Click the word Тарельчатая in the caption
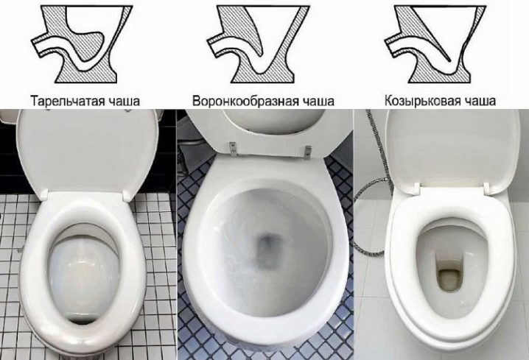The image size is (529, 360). [x=66, y=101]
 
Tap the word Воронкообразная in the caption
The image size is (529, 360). [x=245, y=101]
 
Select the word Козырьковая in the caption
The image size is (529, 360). [x=422, y=101]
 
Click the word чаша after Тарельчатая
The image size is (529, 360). [x=122, y=101]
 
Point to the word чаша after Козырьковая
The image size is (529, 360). [x=480, y=101]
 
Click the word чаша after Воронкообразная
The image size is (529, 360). [x=317, y=101]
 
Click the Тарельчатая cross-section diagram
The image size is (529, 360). [x=83, y=44]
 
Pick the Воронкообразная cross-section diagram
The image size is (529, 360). [x=258, y=44]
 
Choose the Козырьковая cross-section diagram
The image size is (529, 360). [x=435, y=44]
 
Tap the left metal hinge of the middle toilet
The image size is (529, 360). [x=232, y=148]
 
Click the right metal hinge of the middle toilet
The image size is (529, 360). [x=309, y=152]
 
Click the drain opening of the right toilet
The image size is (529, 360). [x=449, y=275]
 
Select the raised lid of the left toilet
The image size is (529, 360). [x=88, y=152]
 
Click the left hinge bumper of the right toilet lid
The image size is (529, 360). [x=416, y=188]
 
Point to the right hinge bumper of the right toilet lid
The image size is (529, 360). [x=486, y=188]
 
